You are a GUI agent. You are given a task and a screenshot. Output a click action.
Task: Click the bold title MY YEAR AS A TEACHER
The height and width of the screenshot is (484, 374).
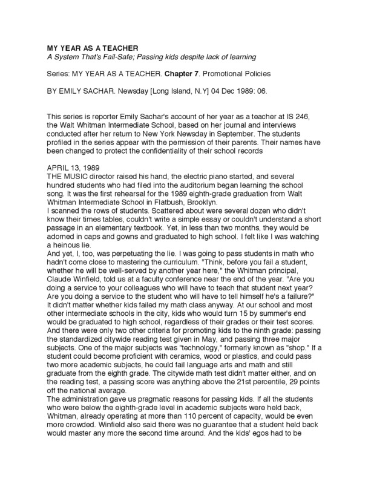[x=88, y=47]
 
